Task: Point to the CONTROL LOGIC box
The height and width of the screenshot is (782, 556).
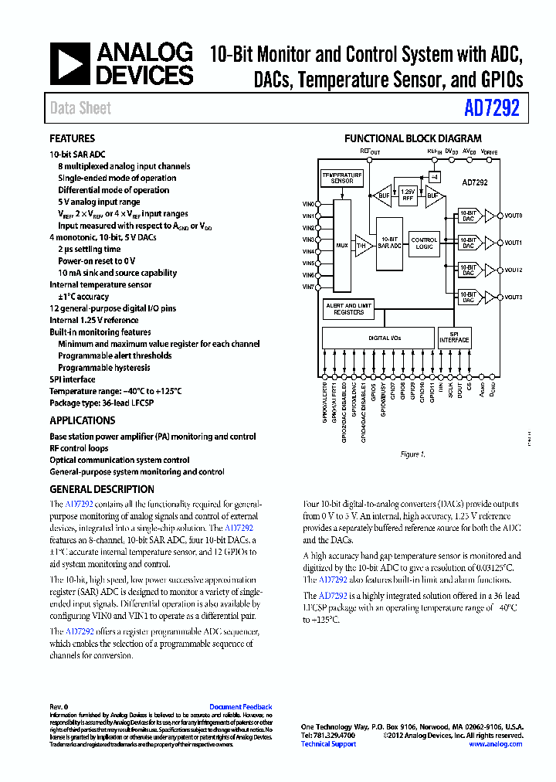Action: click(x=424, y=243)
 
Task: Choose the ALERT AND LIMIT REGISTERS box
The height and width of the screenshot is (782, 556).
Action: click(x=348, y=309)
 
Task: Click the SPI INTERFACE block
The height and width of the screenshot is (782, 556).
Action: click(x=454, y=338)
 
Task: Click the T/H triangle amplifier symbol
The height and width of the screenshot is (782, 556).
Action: click(x=361, y=246)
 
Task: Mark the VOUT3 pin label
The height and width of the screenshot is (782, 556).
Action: click(x=514, y=297)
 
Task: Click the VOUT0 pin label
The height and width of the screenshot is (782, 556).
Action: click(x=514, y=216)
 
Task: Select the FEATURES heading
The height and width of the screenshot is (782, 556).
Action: click(x=73, y=139)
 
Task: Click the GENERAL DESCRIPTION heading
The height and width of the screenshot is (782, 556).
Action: click(x=102, y=489)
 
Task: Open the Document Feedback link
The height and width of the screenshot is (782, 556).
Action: click(x=241, y=707)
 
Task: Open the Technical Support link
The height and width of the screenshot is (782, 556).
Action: click(x=328, y=744)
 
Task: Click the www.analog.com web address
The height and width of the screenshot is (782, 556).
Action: click(x=495, y=744)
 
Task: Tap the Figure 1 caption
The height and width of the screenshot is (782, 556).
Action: click(x=413, y=454)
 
